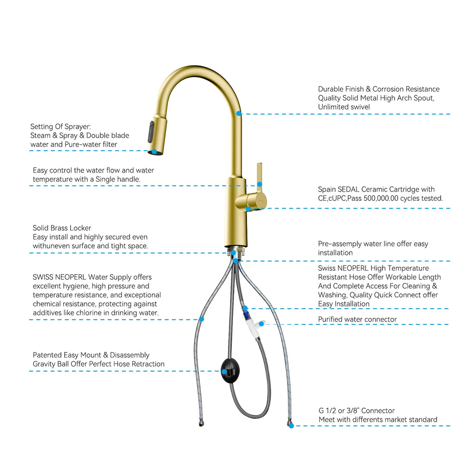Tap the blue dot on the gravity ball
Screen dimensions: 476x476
(224, 371)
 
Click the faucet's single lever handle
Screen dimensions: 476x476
(259, 177)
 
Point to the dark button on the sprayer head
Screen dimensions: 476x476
(151, 132)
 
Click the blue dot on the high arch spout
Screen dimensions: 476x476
(238, 113)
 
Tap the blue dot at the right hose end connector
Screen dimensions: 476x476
(291, 425)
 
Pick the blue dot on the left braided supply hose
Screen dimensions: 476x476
(201, 319)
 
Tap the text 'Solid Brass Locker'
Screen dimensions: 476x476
(62, 228)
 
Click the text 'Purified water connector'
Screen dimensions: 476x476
(357, 319)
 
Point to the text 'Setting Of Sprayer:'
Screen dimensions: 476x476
(60, 126)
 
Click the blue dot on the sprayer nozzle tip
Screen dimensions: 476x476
(154, 151)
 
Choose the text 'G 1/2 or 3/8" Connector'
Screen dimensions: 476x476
(357, 411)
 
